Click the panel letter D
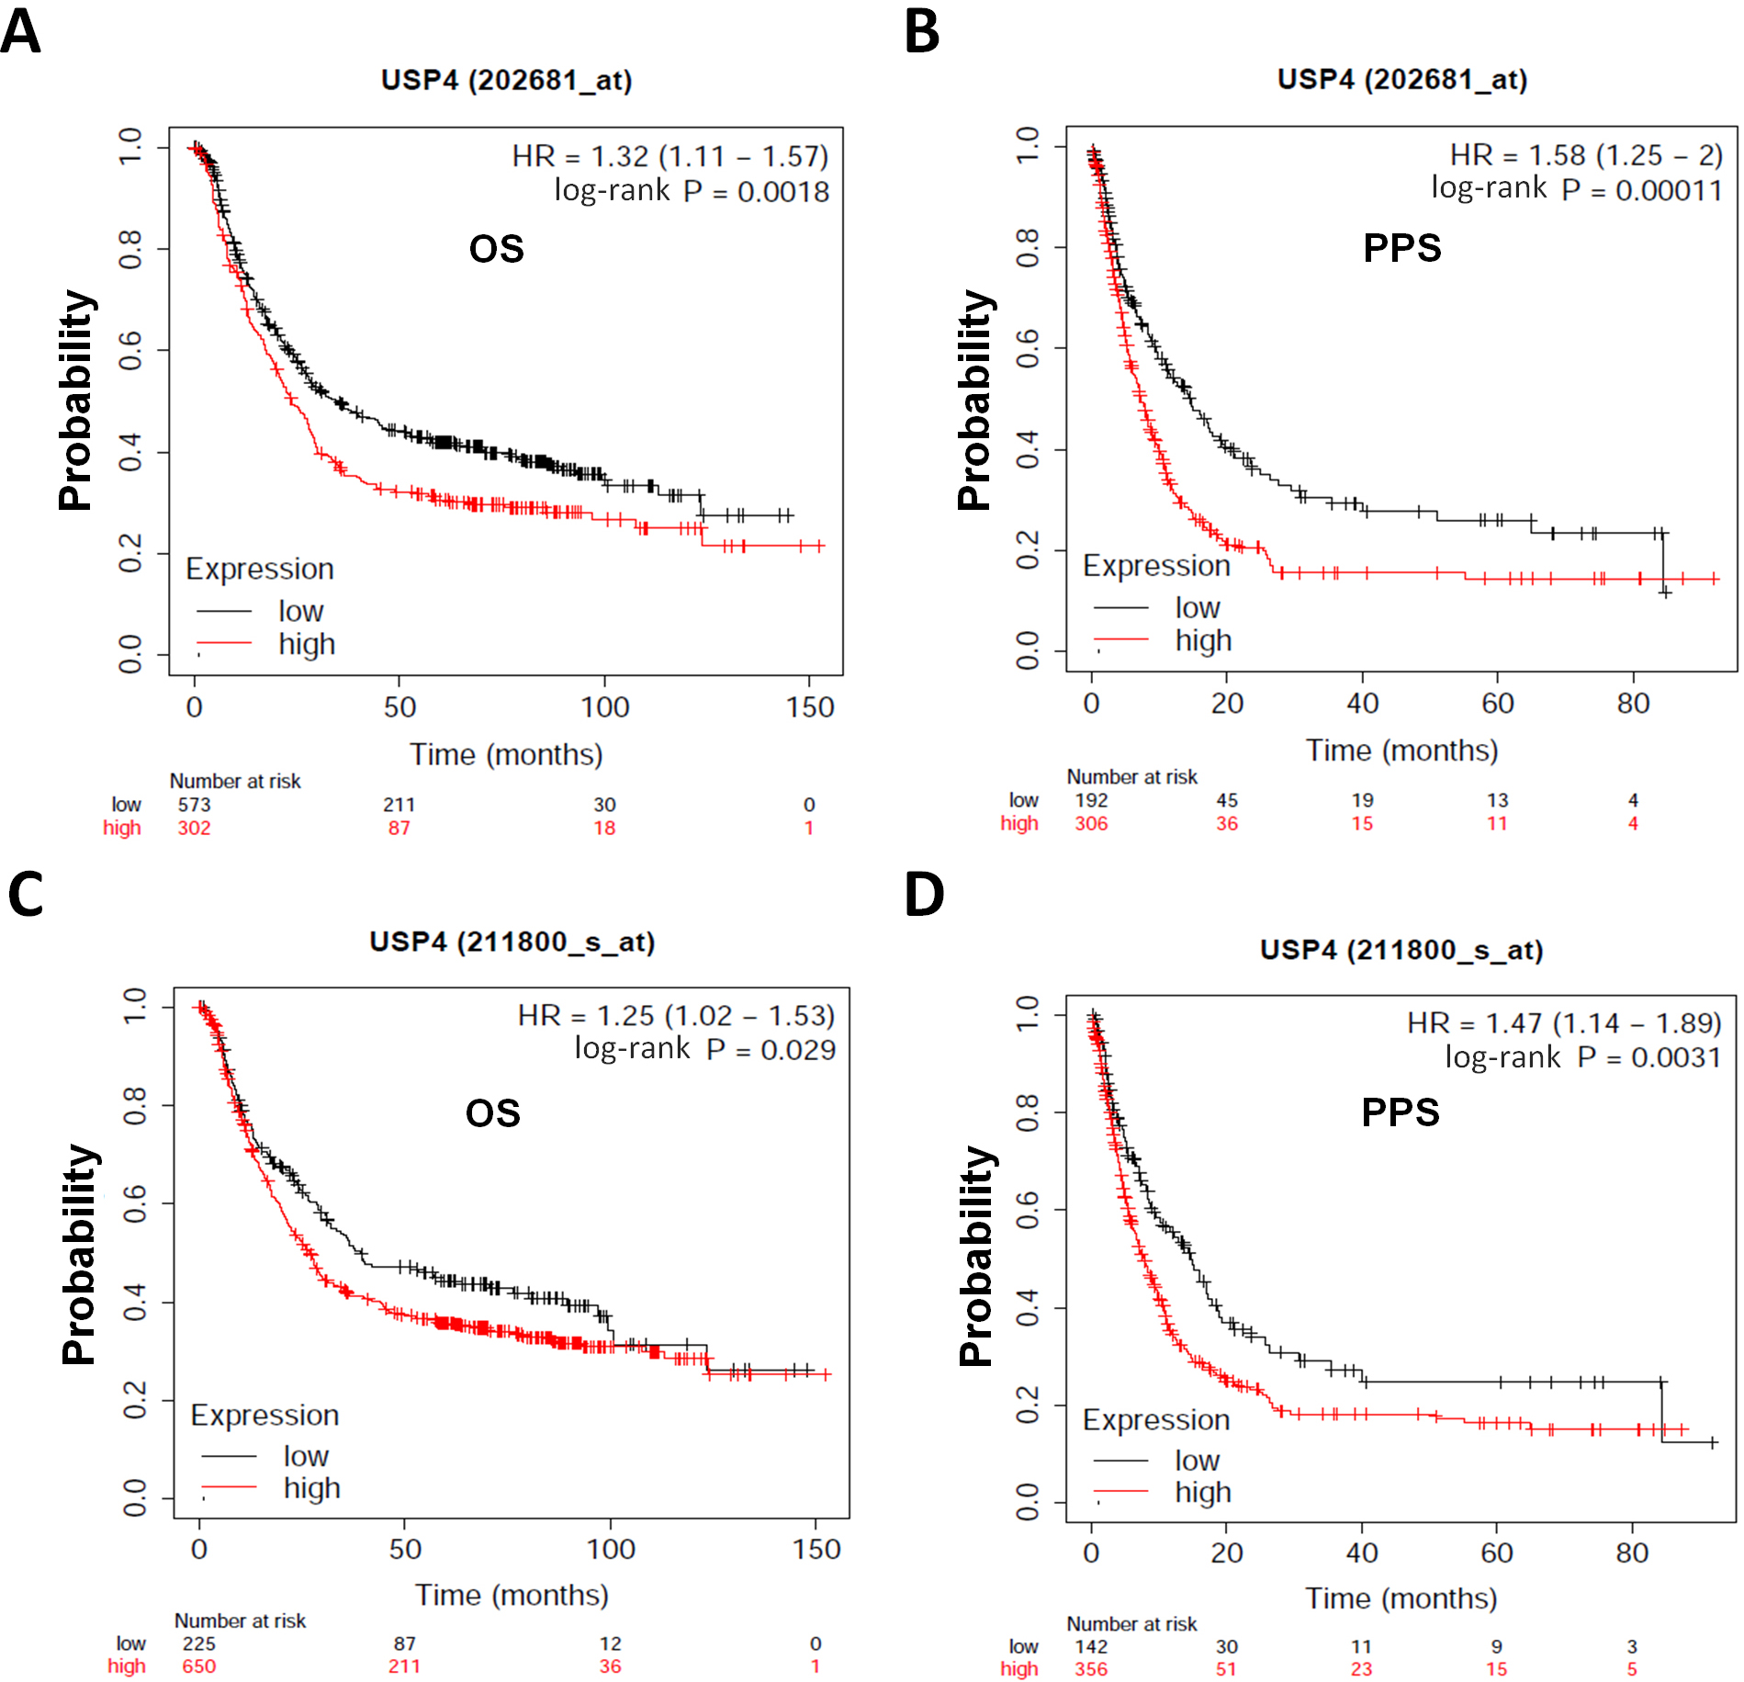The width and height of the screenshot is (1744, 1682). pyautogui.click(x=924, y=894)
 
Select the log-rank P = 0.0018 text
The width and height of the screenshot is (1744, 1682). pyautogui.click(x=691, y=191)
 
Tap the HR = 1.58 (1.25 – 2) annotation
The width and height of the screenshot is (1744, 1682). pyautogui.click(x=1585, y=154)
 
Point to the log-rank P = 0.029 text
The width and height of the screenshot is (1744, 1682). pyautogui.click(x=704, y=1049)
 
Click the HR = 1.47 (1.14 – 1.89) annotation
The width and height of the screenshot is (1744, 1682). pyautogui.click(x=1563, y=1022)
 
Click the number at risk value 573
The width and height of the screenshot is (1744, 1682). pyautogui.click(x=194, y=805)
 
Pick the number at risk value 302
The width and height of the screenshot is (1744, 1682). pyautogui.click(x=194, y=828)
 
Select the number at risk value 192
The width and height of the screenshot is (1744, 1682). pyautogui.click(x=1091, y=800)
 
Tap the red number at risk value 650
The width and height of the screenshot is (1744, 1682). pyautogui.click(x=198, y=1666)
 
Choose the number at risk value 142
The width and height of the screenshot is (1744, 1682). pyautogui.click(x=1091, y=1646)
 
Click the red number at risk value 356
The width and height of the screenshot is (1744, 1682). pyautogui.click(x=1091, y=1669)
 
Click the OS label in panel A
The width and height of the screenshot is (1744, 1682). pyautogui.click(x=496, y=249)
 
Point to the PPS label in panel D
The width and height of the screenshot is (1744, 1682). pyautogui.click(x=1400, y=1112)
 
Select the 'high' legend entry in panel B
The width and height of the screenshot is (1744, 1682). pyautogui.click(x=1203, y=640)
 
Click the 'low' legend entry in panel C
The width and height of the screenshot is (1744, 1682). pyautogui.click(x=306, y=1456)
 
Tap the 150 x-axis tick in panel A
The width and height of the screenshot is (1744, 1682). pyautogui.click(x=810, y=707)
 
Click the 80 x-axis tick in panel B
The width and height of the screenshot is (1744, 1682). pyautogui.click(x=1633, y=704)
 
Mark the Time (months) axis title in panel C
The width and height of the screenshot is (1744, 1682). pyautogui.click(x=512, y=1595)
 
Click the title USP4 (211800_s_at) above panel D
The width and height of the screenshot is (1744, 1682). pyautogui.click(x=1401, y=950)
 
